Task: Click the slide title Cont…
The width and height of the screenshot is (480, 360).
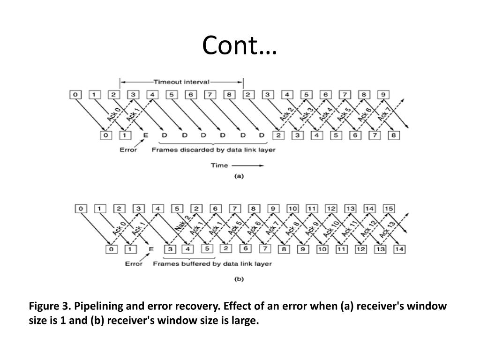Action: click(240, 46)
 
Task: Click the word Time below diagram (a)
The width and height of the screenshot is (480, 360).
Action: click(219, 165)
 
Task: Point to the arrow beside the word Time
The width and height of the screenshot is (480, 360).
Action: click(248, 165)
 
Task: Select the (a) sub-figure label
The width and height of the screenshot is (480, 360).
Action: click(239, 177)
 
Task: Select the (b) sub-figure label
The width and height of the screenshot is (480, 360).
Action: click(239, 279)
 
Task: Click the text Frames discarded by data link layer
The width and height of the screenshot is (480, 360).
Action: click(213, 150)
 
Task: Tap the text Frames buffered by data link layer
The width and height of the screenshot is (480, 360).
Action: click(212, 263)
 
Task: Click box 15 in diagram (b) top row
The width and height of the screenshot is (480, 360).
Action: click(388, 208)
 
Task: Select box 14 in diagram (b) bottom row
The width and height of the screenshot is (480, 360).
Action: click(399, 249)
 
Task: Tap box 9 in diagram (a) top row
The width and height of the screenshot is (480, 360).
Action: click(383, 95)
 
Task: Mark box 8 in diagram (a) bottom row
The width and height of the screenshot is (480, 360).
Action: click(394, 136)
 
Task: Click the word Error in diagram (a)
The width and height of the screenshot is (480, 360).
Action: click(128, 150)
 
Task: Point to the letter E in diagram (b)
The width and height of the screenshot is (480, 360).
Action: click(151, 249)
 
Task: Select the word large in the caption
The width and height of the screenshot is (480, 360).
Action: click(245, 321)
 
